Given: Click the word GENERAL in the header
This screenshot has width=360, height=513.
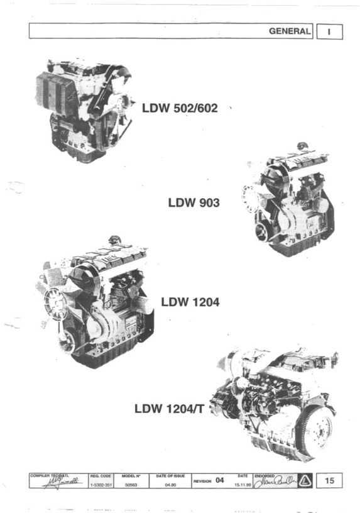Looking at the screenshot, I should pos(290,31).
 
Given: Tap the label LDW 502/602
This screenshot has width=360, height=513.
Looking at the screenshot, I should pos(180,108).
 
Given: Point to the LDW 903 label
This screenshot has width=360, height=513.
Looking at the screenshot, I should pos(194,203).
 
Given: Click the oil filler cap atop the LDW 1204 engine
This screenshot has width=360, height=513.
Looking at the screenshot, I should pos(115,240).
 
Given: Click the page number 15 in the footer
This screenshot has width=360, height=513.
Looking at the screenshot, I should pos(330,481).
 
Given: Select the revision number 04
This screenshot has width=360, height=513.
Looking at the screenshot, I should pos(219,480).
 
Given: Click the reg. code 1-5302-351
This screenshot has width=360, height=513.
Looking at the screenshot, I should pos(101,485).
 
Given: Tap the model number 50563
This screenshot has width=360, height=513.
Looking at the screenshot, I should pos(131,485).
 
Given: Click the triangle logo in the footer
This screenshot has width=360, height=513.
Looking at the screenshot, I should pos(304,481).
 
